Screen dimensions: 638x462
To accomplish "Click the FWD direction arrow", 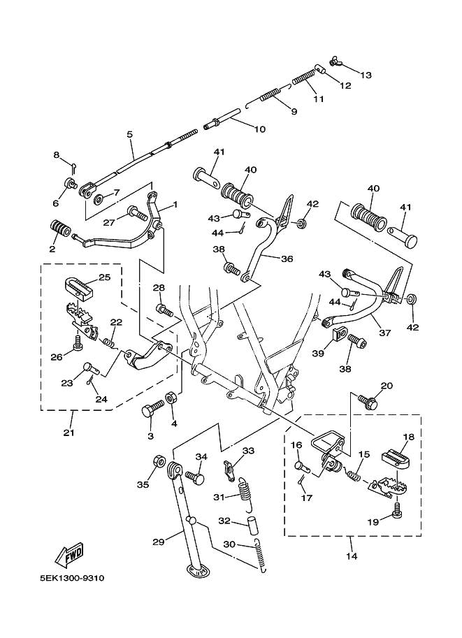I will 68,556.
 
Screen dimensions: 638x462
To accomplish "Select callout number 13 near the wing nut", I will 366,75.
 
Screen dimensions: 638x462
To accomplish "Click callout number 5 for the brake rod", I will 129,133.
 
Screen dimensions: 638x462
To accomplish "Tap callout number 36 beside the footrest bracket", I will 287,258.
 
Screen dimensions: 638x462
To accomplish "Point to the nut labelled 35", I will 158,463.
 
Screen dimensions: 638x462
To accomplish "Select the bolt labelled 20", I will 370,403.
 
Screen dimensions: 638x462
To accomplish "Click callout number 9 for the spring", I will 294,112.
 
